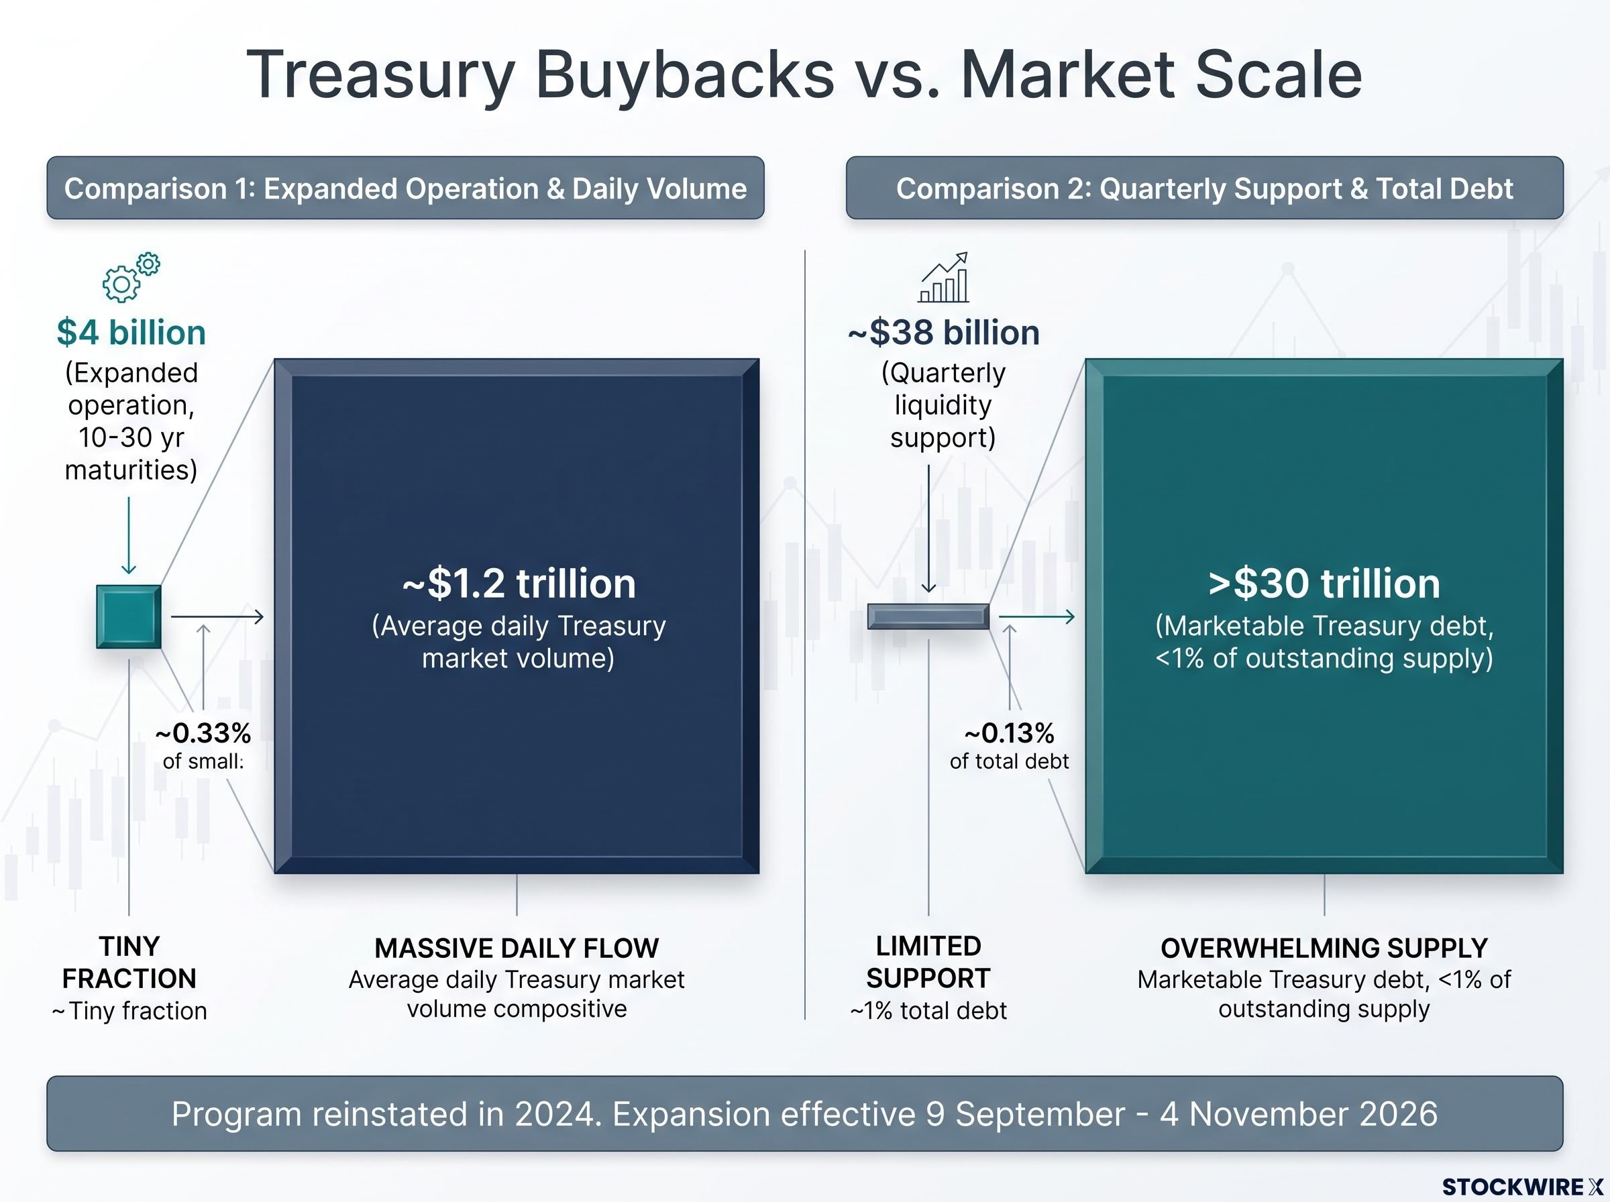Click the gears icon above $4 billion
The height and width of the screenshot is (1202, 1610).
pyautogui.click(x=131, y=277)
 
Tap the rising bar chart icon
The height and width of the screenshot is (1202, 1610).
pyautogui.click(x=944, y=277)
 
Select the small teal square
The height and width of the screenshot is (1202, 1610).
pyautogui.click(x=129, y=616)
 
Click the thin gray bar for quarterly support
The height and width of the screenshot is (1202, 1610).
pyautogui.click(x=928, y=616)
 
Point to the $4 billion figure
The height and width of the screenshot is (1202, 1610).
pyautogui.click(x=131, y=333)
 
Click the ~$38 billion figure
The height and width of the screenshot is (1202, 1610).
pyautogui.click(x=944, y=333)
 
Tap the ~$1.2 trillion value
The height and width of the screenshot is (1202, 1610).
pyautogui.click(x=519, y=584)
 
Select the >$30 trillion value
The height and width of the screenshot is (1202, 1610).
pyautogui.click(x=1324, y=584)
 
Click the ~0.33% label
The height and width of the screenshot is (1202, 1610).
pyautogui.click(x=203, y=732)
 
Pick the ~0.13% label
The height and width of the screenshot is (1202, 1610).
pyautogui.click(x=1009, y=732)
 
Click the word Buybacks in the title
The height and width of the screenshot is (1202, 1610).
pyautogui.click(x=685, y=75)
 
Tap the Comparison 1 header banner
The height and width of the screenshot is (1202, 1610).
pyautogui.click(x=405, y=188)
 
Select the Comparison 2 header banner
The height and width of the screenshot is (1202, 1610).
pyautogui.click(x=1205, y=188)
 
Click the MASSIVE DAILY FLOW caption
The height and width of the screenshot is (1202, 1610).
pyautogui.click(x=517, y=948)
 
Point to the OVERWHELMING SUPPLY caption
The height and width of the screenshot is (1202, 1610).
pyautogui.click(x=1324, y=948)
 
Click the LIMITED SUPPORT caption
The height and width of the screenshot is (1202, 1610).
pyautogui.click(x=928, y=962)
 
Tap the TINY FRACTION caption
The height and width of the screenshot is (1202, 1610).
pyautogui.click(x=129, y=962)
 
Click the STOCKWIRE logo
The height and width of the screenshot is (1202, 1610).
pyautogui.click(x=1523, y=1187)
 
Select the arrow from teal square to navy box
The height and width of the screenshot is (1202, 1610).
pyautogui.click(x=217, y=617)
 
